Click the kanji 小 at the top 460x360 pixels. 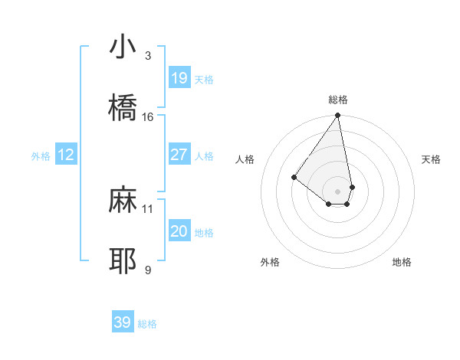point(123,47)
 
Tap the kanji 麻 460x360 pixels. point(123,200)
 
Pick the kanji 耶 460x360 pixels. point(123,260)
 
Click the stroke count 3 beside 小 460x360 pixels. point(148,56)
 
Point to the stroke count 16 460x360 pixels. point(148,117)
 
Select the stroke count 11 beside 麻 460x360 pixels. point(148,208)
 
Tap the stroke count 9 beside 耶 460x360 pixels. point(148,270)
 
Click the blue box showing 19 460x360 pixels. point(179,77)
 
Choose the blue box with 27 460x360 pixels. point(179,155)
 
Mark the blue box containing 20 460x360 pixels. point(179,231)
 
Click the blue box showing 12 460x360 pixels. point(66,155)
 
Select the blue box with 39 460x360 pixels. point(123,322)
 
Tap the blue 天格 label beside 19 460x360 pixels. point(204,79)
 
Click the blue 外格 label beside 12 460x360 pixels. point(41,156)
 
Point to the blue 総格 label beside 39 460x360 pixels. point(147,324)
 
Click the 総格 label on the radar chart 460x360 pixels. point(338,100)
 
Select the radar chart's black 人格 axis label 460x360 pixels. point(245,159)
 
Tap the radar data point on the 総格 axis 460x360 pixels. point(337,116)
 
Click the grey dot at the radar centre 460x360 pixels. point(337,191)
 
